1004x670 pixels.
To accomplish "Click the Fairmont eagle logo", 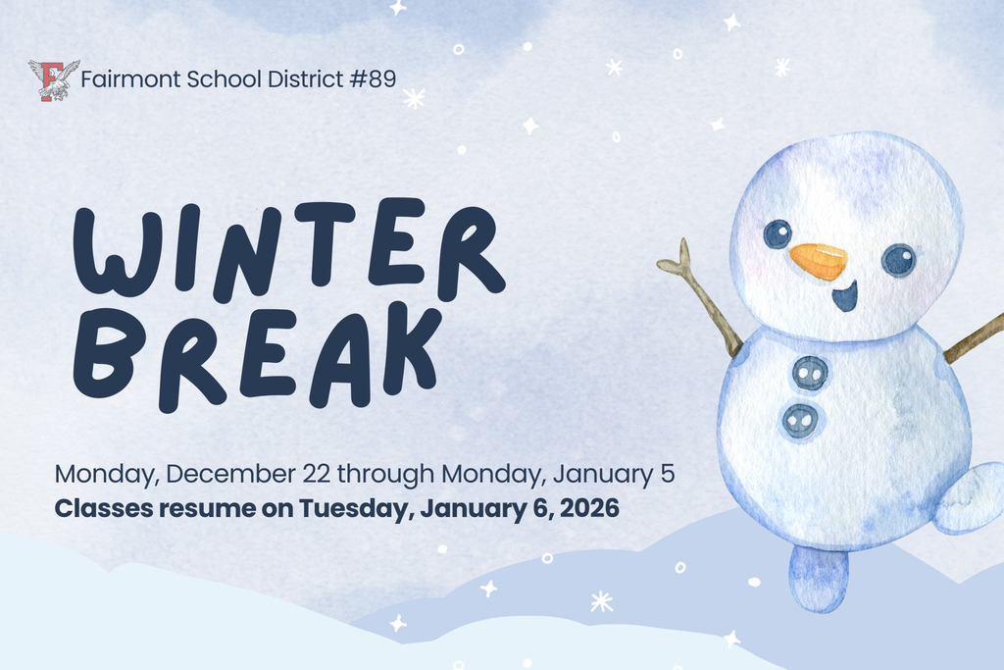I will point(53,79).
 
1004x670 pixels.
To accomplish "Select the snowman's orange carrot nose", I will point(820,261).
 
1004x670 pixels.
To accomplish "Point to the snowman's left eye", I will point(778,233).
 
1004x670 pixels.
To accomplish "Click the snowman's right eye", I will point(898,260).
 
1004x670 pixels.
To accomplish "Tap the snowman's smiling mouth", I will point(845,295).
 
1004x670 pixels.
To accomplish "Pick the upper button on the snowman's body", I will point(810,373).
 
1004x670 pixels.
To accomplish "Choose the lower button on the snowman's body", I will point(800,421).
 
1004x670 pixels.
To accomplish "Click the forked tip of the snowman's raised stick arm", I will point(674,261).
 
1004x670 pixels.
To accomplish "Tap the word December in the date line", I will point(231,474).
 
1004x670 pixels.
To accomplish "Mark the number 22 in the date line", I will point(318,474).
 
